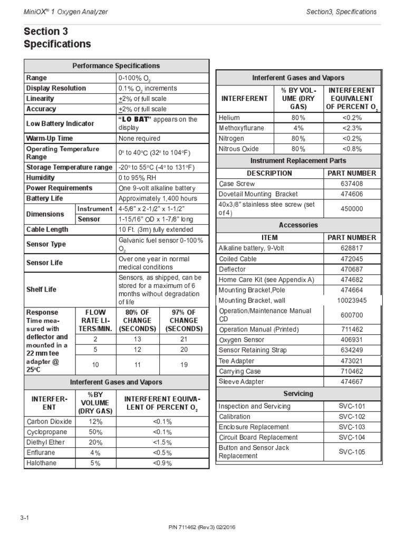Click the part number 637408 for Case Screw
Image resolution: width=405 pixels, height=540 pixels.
click(x=352, y=184)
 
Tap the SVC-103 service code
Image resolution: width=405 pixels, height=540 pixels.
click(x=352, y=427)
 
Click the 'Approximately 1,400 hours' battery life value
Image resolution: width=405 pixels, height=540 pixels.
click(x=158, y=198)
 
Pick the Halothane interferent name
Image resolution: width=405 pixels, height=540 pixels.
click(x=42, y=463)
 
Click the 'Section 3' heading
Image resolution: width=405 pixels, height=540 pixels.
click(x=46, y=32)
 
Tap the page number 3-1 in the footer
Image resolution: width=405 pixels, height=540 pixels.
click(x=25, y=518)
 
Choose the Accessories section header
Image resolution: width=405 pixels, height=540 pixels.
click(x=298, y=225)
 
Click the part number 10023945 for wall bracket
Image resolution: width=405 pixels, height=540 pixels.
click(x=352, y=300)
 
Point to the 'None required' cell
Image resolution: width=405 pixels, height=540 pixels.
click(x=140, y=138)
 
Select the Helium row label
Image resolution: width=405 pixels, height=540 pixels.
click(x=229, y=118)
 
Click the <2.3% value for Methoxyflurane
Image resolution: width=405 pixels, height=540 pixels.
click(x=352, y=128)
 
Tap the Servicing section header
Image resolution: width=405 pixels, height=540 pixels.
click(x=298, y=393)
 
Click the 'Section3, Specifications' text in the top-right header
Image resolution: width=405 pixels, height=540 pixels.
click(x=342, y=12)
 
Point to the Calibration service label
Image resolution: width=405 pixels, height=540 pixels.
click(x=235, y=417)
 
